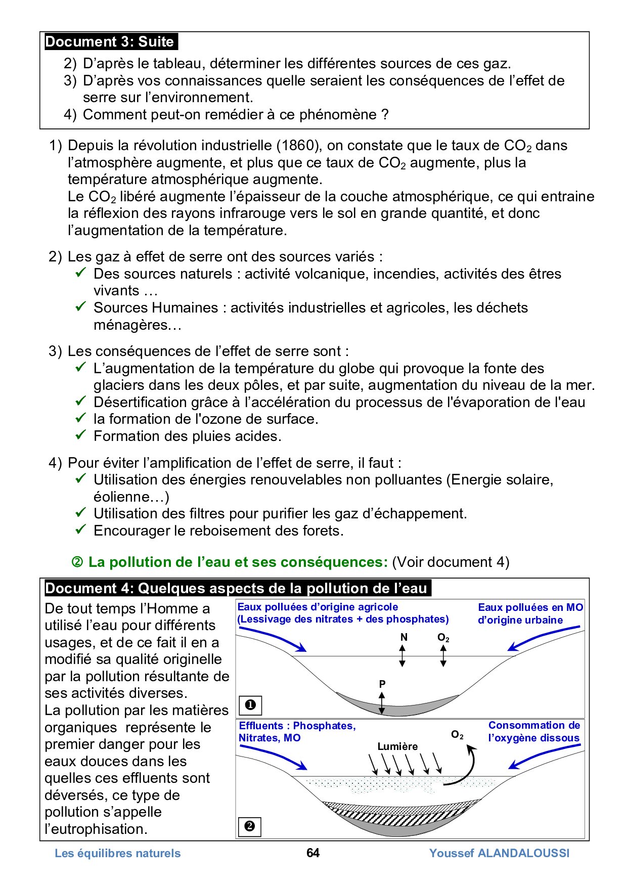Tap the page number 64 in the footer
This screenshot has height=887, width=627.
(x=313, y=853)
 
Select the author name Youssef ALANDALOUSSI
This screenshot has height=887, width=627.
(x=499, y=853)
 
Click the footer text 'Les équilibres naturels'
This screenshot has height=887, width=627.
(x=117, y=854)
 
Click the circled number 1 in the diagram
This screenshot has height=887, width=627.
(x=250, y=704)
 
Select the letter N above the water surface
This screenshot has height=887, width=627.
(x=404, y=637)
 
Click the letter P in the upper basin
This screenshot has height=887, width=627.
(x=382, y=684)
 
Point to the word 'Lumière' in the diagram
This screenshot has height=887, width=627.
(x=397, y=746)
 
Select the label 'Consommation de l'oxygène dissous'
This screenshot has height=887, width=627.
(x=534, y=732)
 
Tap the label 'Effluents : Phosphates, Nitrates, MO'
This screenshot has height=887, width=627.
(x=297, y=732)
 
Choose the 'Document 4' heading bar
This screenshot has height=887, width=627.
(x=237, y=588)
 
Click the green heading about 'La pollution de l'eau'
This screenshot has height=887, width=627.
(x=238, y=562)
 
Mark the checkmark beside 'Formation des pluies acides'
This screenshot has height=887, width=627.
(x=81, y=435)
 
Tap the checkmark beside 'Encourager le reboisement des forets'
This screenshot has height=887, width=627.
(x=81, y=529)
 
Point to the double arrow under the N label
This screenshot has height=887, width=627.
(x=402, y=656)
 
